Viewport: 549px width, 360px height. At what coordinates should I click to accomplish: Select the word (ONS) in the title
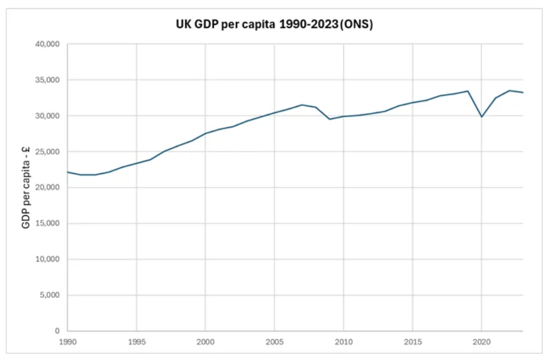tap(356, 26)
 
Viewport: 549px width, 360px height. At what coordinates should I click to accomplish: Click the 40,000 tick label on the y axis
tap(48, 44)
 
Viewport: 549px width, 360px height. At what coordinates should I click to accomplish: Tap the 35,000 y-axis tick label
tap(48, 80)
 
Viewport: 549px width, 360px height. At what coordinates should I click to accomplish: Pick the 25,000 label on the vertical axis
tap(48, 152)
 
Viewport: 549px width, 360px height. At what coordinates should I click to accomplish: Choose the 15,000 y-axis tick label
tap(48, 223)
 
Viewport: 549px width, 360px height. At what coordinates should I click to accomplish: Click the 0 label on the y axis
tap(57, 331)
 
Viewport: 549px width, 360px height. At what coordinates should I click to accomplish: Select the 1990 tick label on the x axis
tap(68, 342)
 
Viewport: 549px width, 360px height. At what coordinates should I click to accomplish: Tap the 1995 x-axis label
tap(136, 342)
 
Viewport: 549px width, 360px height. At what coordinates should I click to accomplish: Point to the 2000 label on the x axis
tap(205, 342)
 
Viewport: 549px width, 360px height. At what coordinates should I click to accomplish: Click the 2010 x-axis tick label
tap(343, 342)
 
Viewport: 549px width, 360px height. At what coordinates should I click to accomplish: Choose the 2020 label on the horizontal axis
tap(481, 342)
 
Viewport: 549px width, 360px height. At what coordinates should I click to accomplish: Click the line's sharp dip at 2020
tap(481, 117)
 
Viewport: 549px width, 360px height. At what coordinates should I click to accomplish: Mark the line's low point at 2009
tap(330, 119)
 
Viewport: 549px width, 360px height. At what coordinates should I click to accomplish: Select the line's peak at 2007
tap(302, 105)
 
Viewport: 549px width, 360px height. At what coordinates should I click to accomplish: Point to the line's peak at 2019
tap(468, 91)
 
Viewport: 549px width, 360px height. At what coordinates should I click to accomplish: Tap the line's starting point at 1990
tap(68, 172)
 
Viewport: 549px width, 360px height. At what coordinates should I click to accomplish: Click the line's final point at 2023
tap(523, 93)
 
